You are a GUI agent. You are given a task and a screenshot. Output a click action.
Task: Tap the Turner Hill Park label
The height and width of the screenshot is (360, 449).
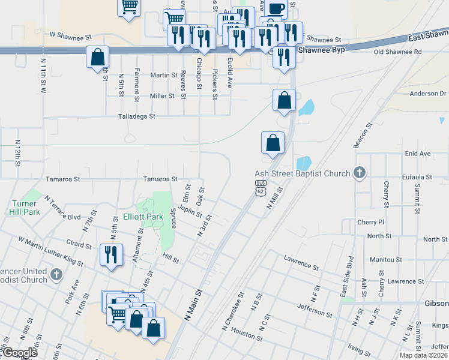point(25,208)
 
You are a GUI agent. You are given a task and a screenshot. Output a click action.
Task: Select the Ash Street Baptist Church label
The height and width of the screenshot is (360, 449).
point(303,174)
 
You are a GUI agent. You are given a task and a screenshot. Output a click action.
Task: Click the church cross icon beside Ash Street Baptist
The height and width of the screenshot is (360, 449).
point(359,173)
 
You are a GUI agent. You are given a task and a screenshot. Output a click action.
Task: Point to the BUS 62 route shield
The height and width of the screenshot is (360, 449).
point(260,188)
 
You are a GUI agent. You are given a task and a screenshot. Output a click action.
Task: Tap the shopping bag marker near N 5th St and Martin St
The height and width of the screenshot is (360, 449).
point(98,58)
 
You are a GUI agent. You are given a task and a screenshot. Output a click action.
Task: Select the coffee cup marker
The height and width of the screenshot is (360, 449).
point(277,9)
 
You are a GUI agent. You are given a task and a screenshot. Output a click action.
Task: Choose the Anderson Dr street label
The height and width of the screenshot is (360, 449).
point(429,94)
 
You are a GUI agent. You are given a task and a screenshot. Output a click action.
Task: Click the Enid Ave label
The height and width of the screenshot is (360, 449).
point(418,154)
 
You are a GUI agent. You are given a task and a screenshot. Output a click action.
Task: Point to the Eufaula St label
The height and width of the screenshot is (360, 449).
point(418,177)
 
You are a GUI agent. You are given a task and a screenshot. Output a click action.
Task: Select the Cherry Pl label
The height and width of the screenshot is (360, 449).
point(371,222)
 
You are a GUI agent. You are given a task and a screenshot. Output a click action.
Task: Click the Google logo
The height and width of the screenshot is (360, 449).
point(19,353)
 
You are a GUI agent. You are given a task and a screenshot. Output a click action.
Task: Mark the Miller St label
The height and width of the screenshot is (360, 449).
point(162,96)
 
